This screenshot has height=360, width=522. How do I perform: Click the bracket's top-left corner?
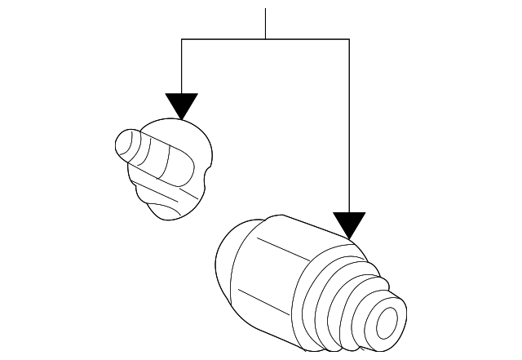pos(181,39)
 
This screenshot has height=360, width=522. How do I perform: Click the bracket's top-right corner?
pos(349,39)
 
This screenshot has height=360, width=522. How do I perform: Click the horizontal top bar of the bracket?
pos(265,39)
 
